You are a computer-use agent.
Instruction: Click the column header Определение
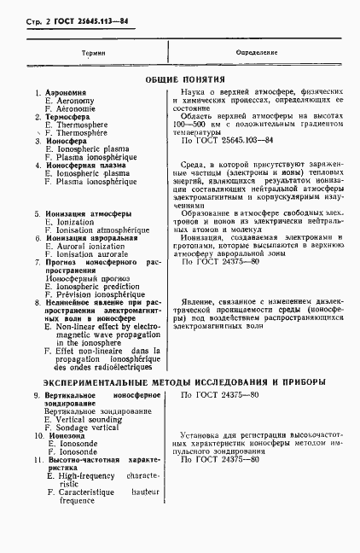coord(256,53)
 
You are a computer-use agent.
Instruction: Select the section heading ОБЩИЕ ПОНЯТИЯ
coord(179,79)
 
